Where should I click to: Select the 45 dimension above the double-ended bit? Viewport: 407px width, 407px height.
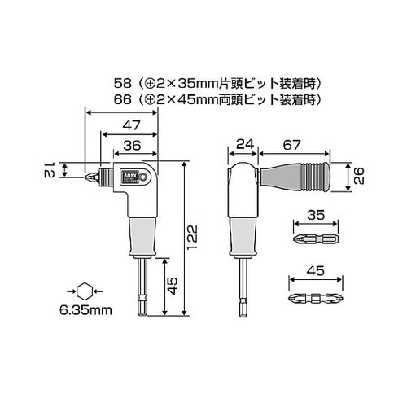pos(314,269)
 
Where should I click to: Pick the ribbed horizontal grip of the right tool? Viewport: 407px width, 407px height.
pos(309,174)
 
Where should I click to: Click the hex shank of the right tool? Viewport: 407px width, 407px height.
pos(242,289)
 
